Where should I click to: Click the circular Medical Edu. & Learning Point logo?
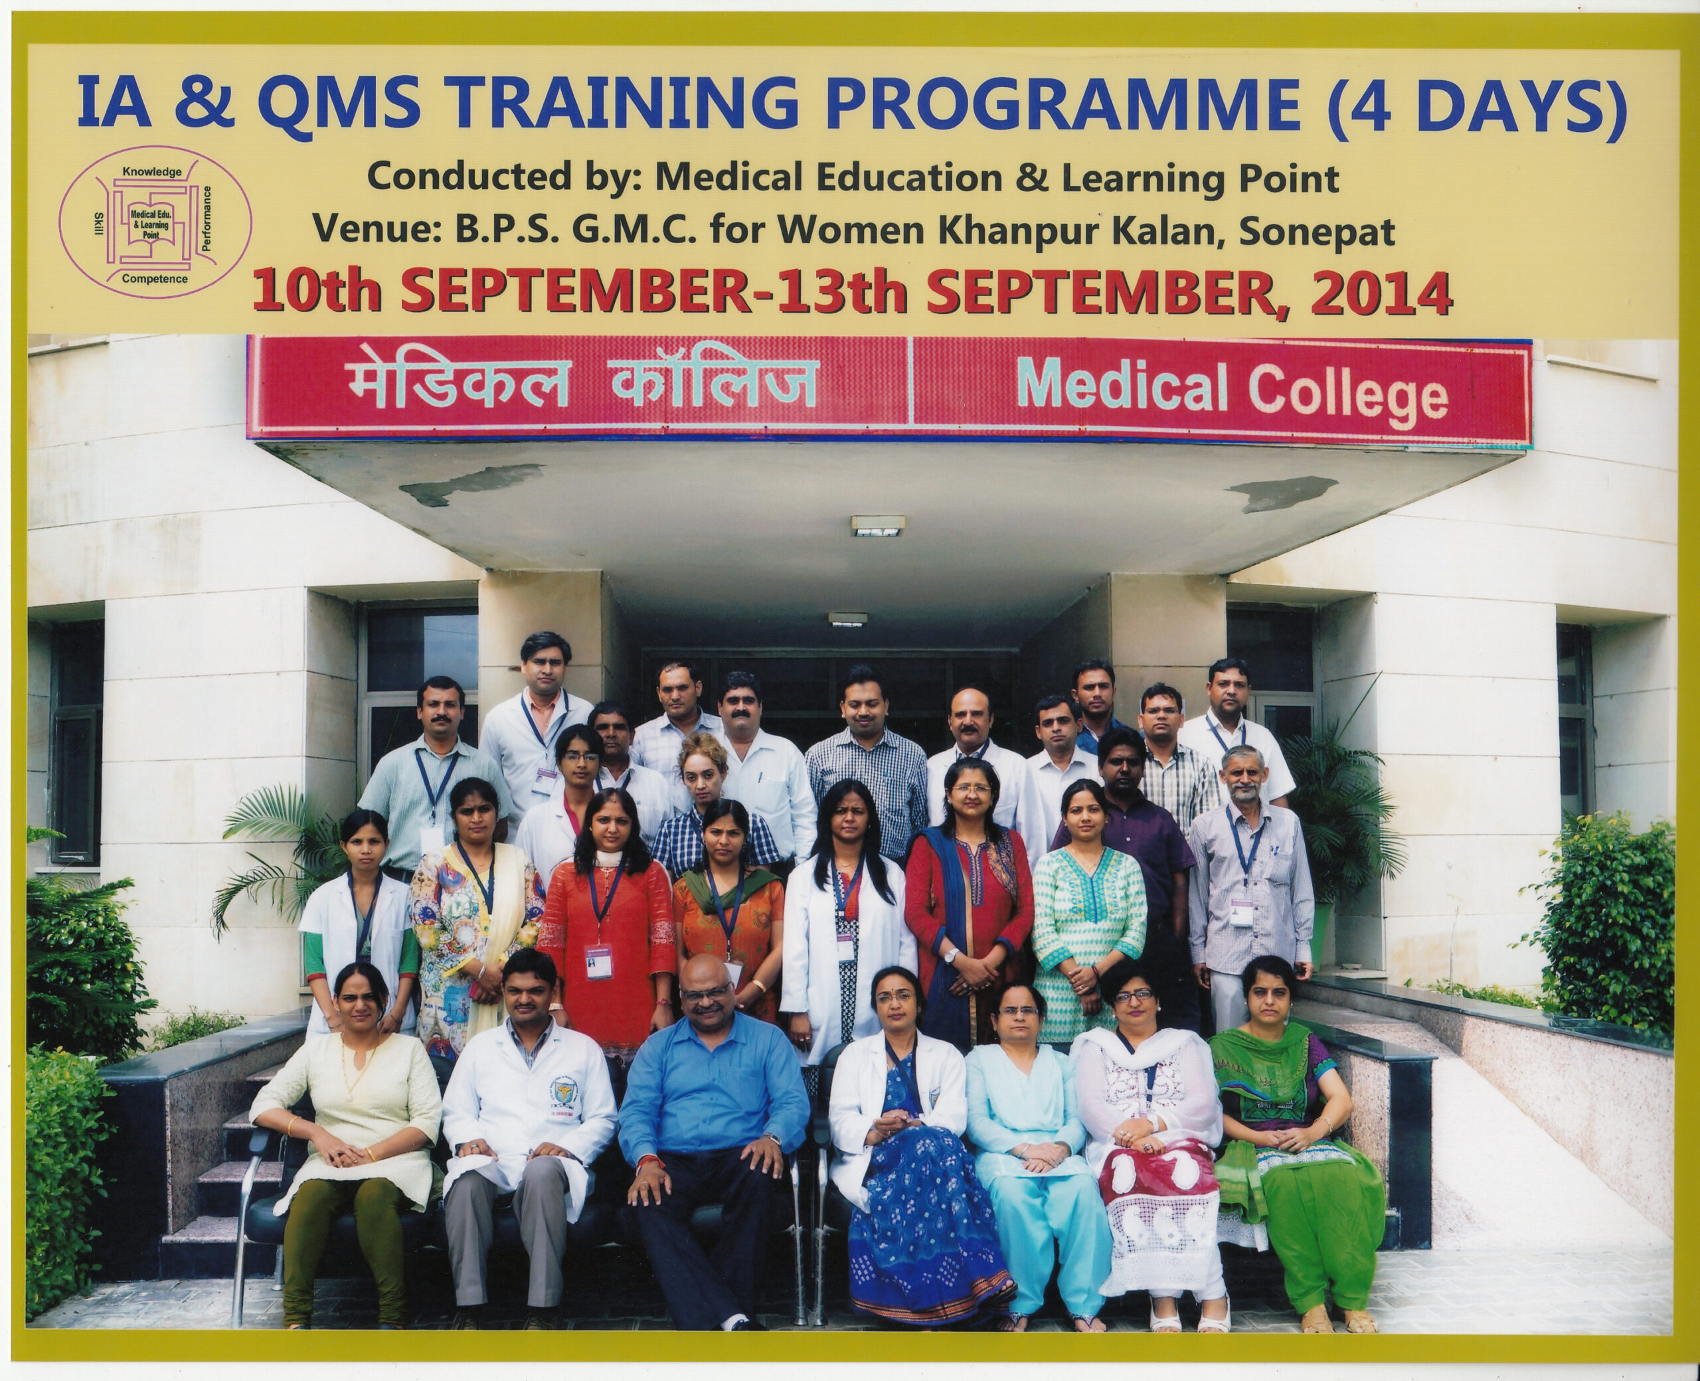pos(155,222)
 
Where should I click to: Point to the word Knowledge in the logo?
pos(152,172)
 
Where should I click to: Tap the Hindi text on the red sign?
pos(580,384)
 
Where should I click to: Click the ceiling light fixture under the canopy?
pos(877,525)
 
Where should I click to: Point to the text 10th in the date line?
pos(317,293)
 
